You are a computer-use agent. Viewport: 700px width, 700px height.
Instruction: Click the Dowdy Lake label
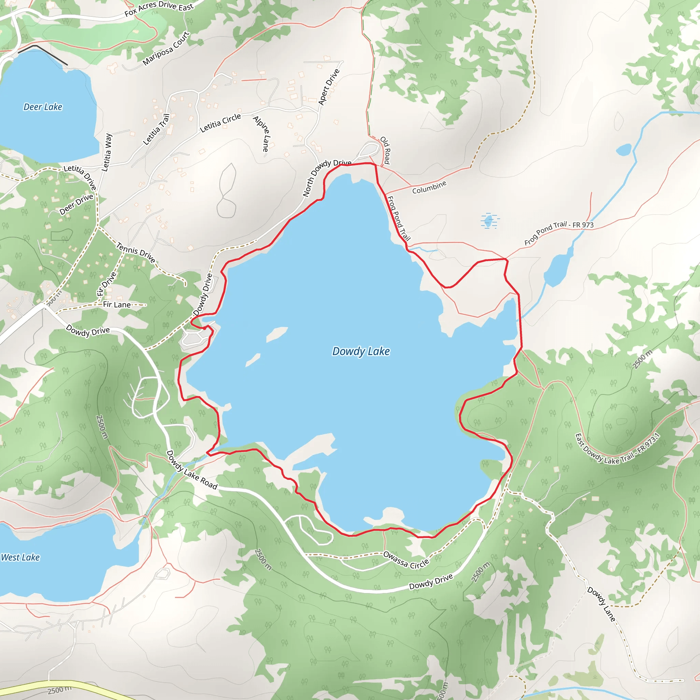[x=361, y=351]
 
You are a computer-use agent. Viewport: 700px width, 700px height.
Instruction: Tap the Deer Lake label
[x=43, y=107]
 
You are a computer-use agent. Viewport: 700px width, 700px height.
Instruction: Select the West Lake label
[x=20, y=557]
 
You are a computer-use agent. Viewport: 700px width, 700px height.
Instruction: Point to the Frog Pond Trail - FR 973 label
[x=559, y=233]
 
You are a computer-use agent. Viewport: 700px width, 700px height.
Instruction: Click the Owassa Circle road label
[x=406, y=560]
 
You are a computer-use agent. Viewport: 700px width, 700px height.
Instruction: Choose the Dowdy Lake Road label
[x=192, y=470]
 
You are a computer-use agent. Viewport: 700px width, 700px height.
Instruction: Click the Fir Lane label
[x=117, y=304]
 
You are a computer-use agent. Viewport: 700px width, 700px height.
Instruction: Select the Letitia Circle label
[x=220, y=123]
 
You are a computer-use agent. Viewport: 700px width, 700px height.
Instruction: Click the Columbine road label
[x=429, y=187]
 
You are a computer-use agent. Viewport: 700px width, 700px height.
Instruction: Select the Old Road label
[x=385, y=150]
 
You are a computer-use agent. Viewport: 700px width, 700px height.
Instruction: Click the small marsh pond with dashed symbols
[x=489, y=220]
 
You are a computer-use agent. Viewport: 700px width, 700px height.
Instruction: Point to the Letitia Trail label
[x=157, y=129]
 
